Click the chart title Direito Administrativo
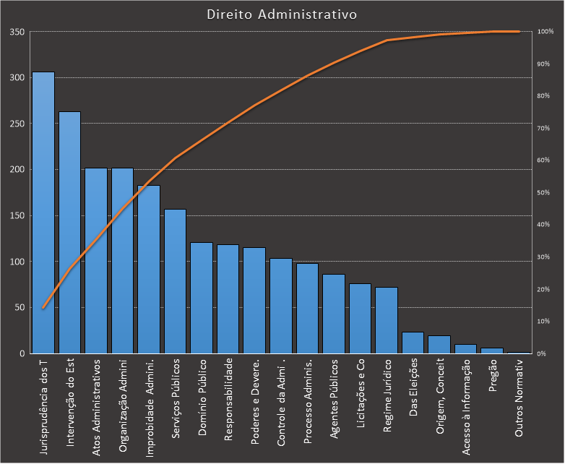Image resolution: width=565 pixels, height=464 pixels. (x=281, y=14)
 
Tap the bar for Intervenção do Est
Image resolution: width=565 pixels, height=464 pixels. (x=69, y=232)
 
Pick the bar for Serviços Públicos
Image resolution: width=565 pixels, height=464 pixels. (x=175, y=281)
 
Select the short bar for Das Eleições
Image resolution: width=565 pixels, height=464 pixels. (x=413, y=343)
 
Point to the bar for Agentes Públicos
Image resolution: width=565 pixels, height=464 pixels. (x=334, y=314)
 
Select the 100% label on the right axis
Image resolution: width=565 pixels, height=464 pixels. (x=545, y=32)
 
